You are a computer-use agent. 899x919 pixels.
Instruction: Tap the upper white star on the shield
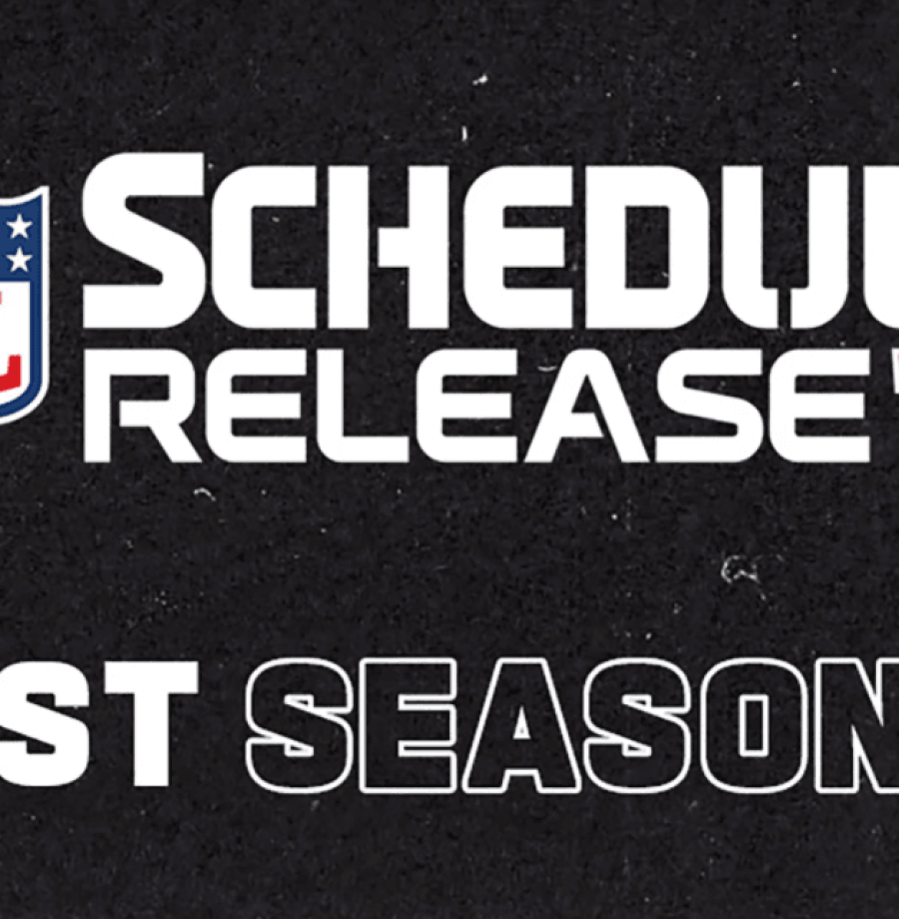pos(19,229)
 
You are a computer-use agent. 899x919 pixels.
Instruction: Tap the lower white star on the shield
pos(18,262)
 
